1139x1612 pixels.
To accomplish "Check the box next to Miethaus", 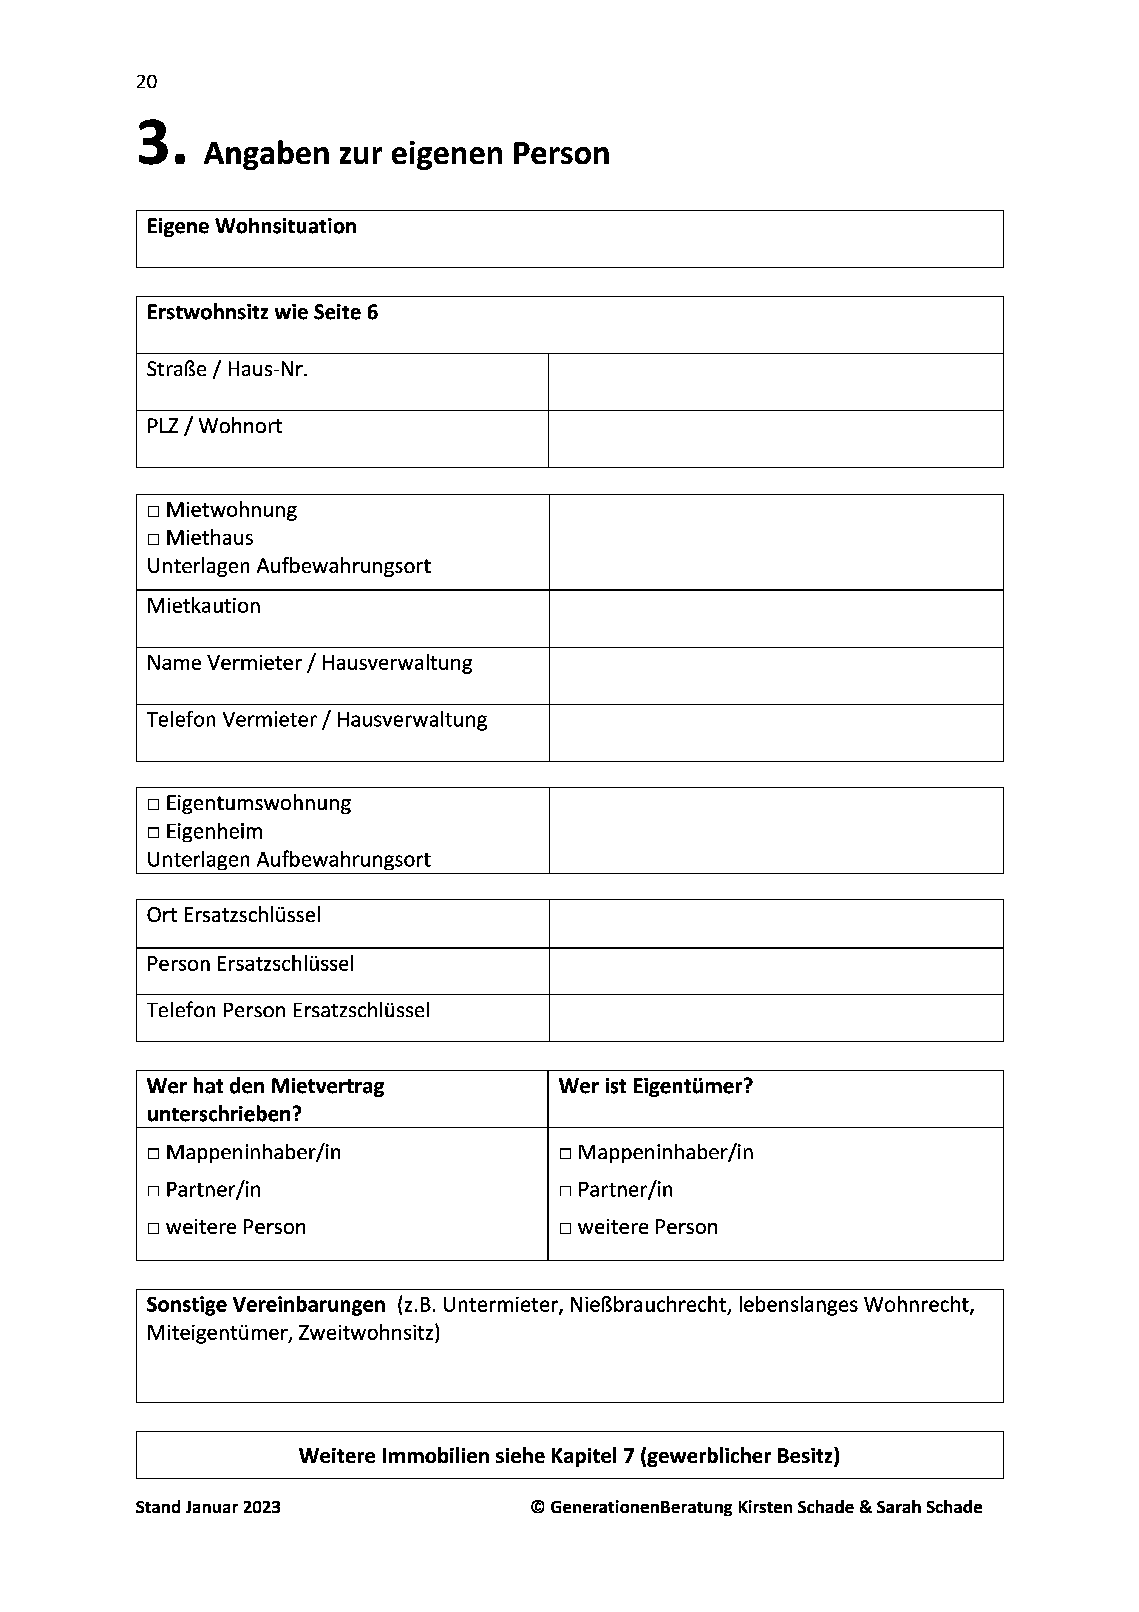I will click(x=154, y=539).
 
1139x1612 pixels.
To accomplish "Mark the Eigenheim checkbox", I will click(x=154, y=833).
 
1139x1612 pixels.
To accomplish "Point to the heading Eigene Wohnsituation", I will click(x=251, y=227).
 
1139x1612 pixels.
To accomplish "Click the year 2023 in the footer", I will click(x=261, y=1507).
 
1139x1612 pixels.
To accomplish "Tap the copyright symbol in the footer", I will click(x=538, y=1507).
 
